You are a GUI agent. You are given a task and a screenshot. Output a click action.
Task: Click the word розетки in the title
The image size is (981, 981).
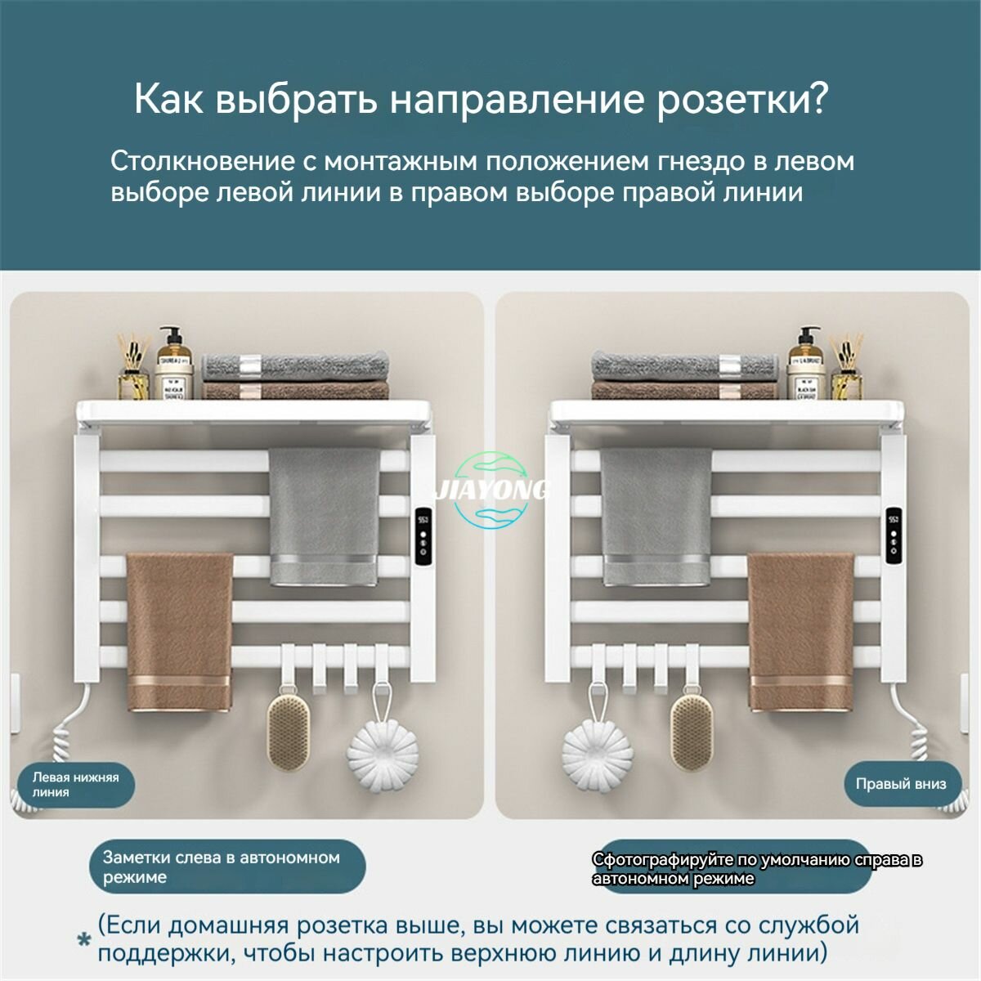pos(741,98)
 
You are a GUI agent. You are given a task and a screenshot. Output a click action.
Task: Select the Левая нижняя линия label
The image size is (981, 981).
pos(76,785)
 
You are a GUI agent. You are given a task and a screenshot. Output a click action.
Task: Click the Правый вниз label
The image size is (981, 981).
pos(901,784)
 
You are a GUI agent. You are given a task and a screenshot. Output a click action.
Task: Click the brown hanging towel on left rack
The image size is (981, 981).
pos(179,632)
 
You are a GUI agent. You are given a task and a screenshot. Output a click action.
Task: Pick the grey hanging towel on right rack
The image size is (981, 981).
pos(656,517)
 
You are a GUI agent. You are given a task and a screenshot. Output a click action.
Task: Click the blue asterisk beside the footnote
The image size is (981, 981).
pos(84,940)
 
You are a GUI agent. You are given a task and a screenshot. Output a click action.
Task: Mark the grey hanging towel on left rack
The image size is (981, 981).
pos(325,517)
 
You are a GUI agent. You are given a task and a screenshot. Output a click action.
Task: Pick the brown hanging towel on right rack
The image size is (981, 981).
pos(801,632)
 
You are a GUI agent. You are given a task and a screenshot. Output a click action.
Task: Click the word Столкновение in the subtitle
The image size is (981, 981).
pos(202,161)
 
